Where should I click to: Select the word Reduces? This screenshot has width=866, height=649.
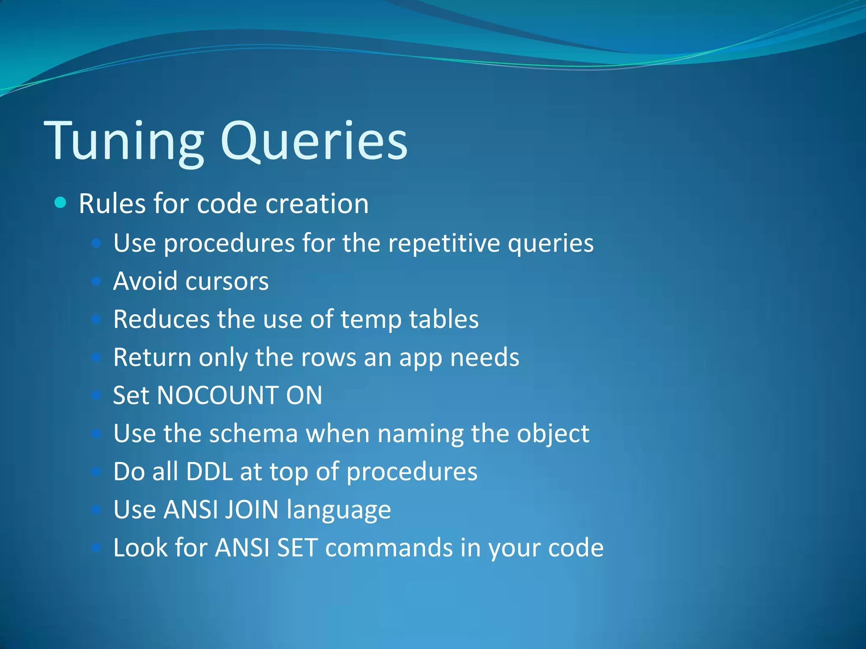pyautogui.click(x=161, y=319)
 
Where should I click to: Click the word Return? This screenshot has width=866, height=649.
pyautogui.click(x=152, y=357)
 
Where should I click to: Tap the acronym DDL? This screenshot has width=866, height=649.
pyautogui.click(x=209, y=472)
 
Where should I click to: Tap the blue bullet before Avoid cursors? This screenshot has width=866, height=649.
pyautogui.click(x=96, y=281)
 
